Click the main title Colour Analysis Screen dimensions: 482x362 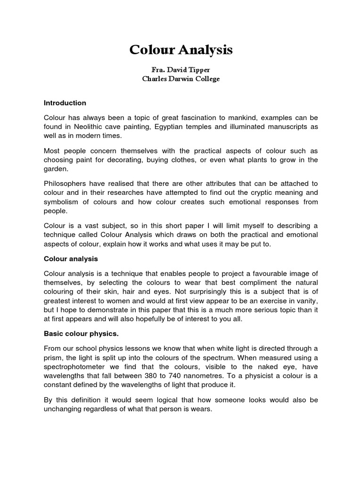pyautogui.click(x=181, y=50)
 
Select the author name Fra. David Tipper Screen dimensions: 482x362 pyautogui.click(x=181, y=70)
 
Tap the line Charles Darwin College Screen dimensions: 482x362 pyautogui.click(x=181, y=79)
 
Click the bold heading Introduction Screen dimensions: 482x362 pyautogui.click(x=65, y=103)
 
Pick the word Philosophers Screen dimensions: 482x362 pyautogui.click(x=67, y=183)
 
